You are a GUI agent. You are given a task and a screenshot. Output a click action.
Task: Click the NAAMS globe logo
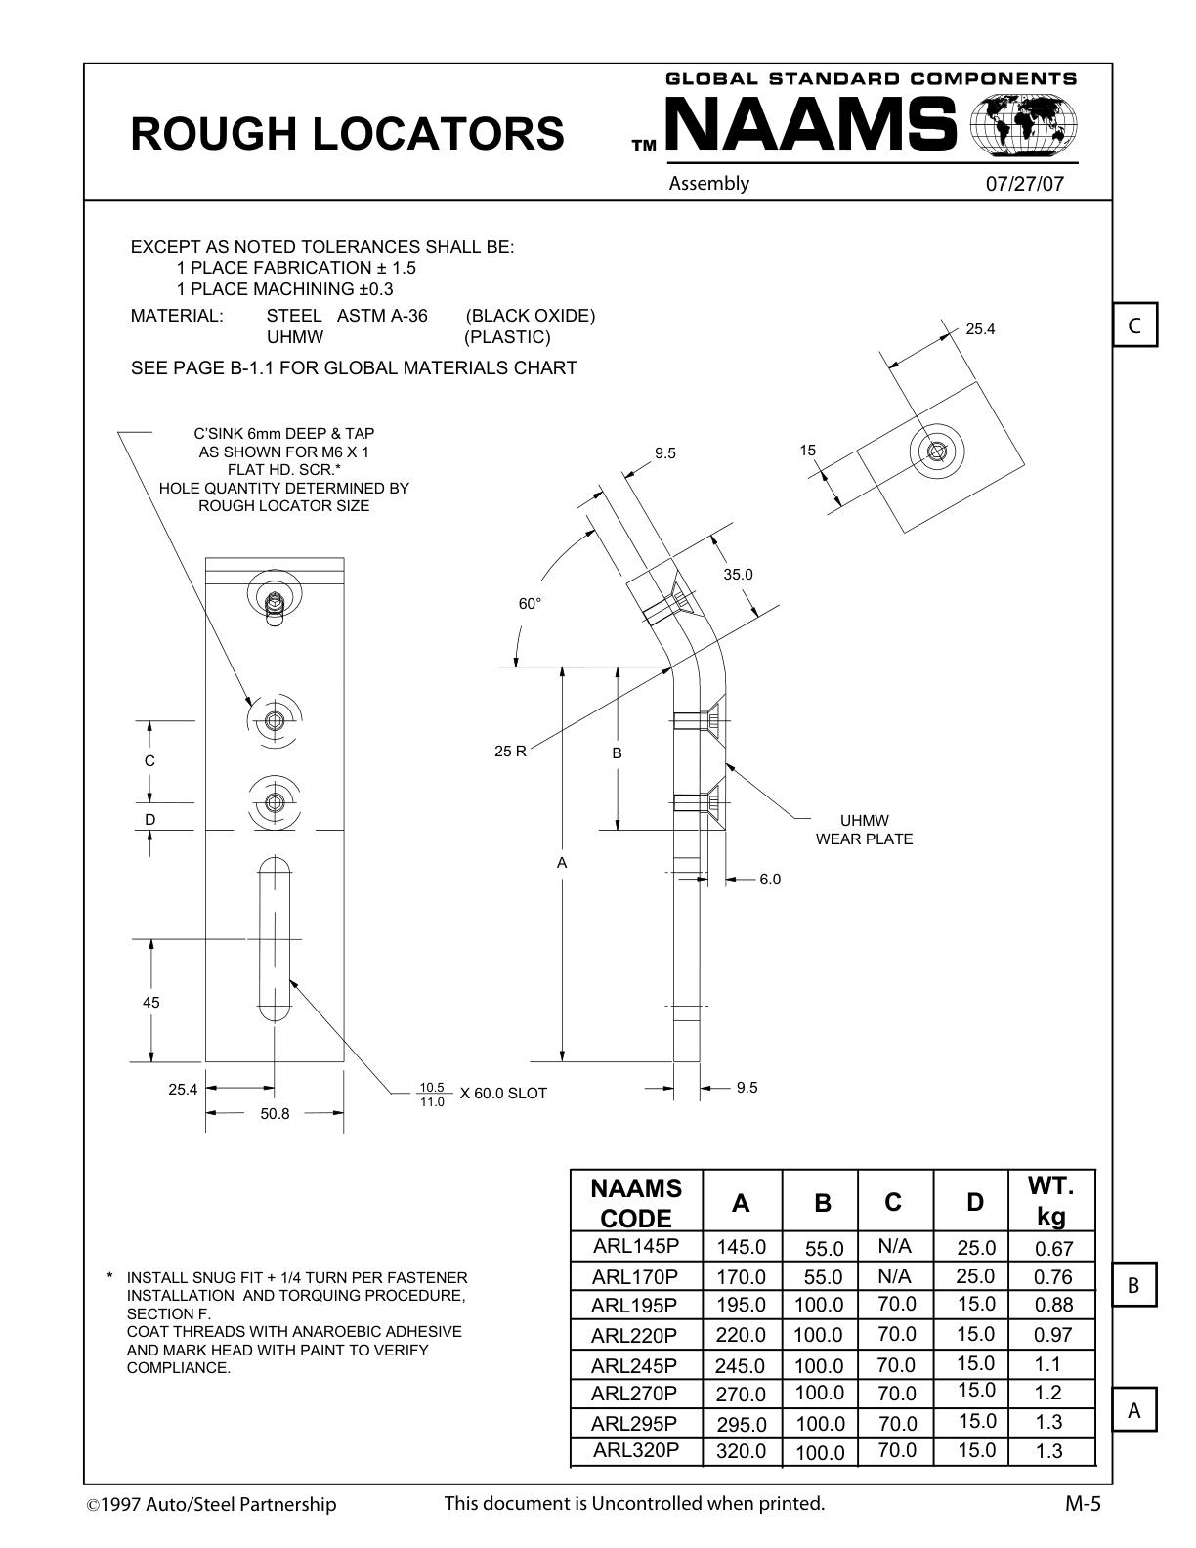(x=1023, y=125)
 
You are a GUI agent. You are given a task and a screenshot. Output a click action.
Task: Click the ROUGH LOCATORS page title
(x=347, y=133)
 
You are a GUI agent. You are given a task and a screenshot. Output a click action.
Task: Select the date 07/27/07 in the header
(x=1024, y=184)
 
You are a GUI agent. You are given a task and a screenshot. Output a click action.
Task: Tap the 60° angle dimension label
(x=530, y=604)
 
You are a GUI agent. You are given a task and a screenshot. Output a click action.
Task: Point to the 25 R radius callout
(x=510, y=752)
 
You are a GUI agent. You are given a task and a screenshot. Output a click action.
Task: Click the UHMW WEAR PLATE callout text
(x=864, y=830)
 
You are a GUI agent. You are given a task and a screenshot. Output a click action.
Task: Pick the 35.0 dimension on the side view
(x=738, y=575)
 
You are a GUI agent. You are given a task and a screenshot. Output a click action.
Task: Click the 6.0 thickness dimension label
(x=770, y=880)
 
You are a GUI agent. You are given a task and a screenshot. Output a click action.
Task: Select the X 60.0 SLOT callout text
(x=503, y=1093)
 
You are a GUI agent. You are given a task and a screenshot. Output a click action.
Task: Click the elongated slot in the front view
(x=275, y=936)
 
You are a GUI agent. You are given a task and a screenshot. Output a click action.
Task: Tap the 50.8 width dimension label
(x=275, y=1114)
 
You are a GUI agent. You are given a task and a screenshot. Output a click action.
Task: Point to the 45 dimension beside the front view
(x=150, y=1003)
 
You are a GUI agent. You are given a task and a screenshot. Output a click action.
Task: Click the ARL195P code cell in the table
(x=635, y=1306)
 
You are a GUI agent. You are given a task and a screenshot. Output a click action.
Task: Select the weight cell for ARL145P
(x=1053, y=1248)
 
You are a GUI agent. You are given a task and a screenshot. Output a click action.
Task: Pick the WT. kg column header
(x=1050, y=1201)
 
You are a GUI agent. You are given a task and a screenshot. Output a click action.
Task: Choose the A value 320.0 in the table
(x=741, y=1451)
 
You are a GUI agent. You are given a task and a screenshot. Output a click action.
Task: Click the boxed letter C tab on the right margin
(x=1134, y=325)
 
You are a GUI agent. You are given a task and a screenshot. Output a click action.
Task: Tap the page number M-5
(x=1083, y=1504)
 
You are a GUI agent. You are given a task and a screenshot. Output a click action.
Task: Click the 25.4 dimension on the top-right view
(x=980, y=329)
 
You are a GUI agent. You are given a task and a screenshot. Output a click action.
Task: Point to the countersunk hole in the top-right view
(x=937, y=451)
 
